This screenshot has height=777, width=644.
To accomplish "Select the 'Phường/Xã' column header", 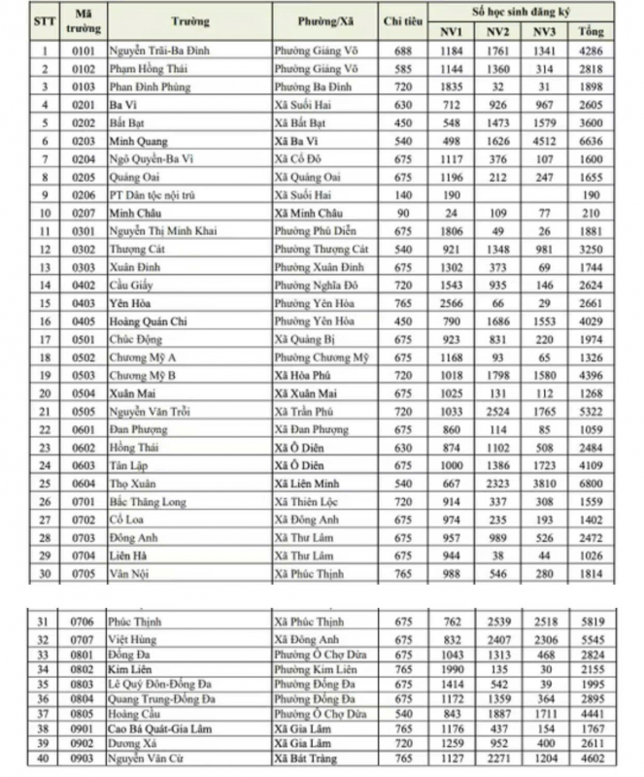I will coord(325,20).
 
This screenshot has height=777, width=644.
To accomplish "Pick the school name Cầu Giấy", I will coord(131,285).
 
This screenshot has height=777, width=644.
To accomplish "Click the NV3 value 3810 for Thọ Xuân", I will coord(544,483).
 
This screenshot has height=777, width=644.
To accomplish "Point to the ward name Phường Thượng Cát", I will coord(320,249).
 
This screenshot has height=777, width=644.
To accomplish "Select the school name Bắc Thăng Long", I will coord(147,501).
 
